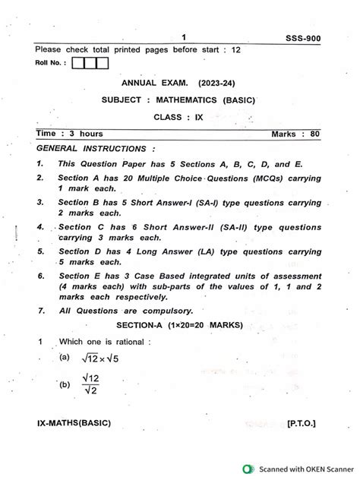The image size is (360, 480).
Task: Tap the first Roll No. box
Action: tap(79, 64)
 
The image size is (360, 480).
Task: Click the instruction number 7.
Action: tap(40, 311)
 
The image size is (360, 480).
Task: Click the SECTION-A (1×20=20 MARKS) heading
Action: tap(179, 324)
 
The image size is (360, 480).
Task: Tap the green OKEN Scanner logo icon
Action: tap(248, 469)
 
